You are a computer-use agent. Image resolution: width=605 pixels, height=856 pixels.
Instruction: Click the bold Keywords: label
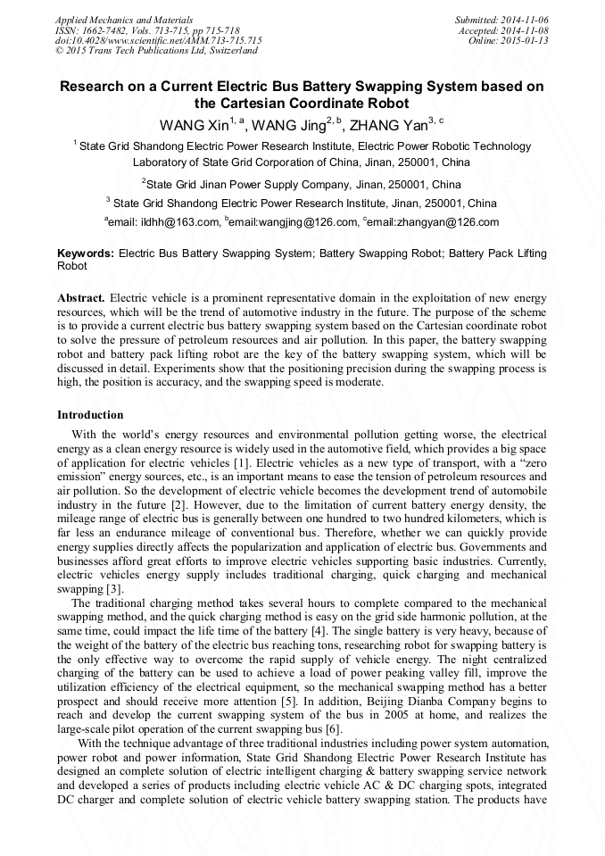86,253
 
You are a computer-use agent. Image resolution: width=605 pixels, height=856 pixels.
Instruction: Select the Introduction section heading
90,415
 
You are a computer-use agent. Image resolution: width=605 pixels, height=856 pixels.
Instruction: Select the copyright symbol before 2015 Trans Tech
60,51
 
